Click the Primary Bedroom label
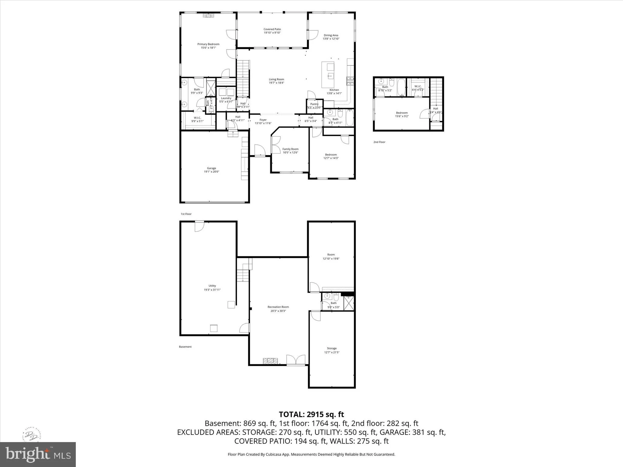[208, 44]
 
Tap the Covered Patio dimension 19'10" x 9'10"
[272, 33]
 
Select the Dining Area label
[331, 35]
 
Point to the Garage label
[211, 168]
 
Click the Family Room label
[290, 149]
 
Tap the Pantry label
[314, 104]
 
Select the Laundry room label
[226, 98]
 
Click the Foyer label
[263, 120]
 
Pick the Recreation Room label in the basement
[278, 307]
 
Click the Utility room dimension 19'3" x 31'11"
[212, 290]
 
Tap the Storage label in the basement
[332, 348]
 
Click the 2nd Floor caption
[379, 142]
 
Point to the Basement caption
[185, 347]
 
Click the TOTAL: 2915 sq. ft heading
[311, 414]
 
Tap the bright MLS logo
[38, 454]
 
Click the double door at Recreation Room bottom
[296, 360]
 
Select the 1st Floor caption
[186, 214]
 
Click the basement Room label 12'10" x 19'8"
[331, 254]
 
